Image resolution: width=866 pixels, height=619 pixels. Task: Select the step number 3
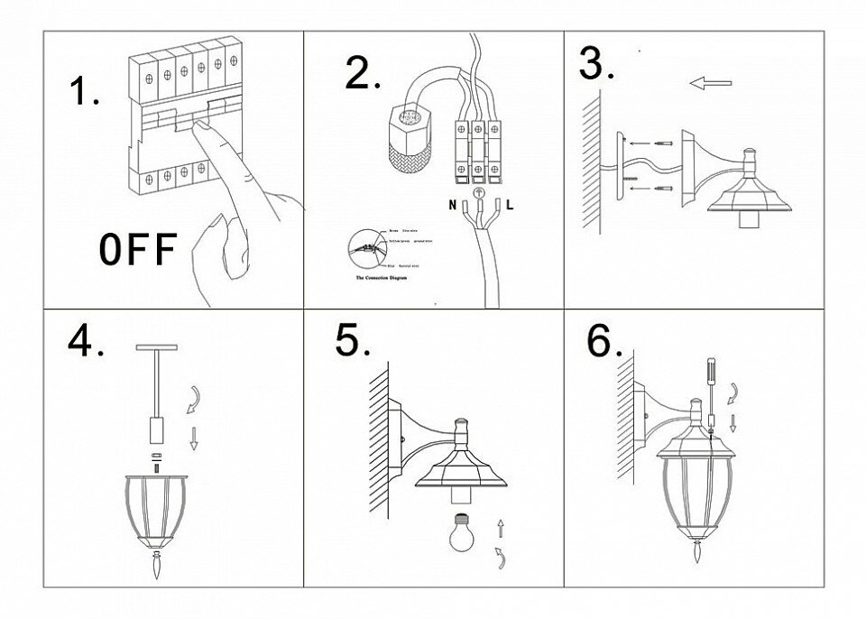[596, 64]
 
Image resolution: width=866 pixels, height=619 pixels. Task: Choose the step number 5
[353, 341]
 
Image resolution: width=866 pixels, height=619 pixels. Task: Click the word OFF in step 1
[136, 250]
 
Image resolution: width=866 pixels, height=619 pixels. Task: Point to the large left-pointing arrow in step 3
[709, 84]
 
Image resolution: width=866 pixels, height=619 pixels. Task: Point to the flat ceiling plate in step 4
[159, 347]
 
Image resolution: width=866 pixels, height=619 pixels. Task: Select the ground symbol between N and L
[480, 191]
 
